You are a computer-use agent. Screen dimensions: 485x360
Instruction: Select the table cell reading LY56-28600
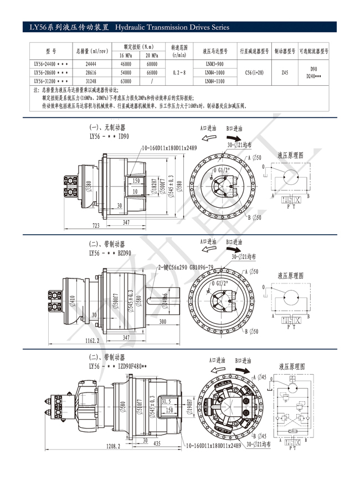pyautogui.click(x=51, y=73)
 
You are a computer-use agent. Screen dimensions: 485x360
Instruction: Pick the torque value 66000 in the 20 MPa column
pyautogui.click(x=152, y=73)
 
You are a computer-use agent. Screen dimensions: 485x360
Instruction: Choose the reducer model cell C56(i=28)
pyautogui.click(x=254, y=73)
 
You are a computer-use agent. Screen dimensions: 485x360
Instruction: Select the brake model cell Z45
pyautogui.click(x=285, y=73)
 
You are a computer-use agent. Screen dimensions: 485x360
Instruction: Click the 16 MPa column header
pyautogui.click(x=125, y=56)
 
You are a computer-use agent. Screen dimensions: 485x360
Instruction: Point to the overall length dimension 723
pyautogui.click(x=96, y=226)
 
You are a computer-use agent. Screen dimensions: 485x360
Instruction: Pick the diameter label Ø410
pyautogui.click(x=73, y=301)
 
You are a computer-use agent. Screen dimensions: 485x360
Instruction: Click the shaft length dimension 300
pyautogui.click(x=163, y=321)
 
